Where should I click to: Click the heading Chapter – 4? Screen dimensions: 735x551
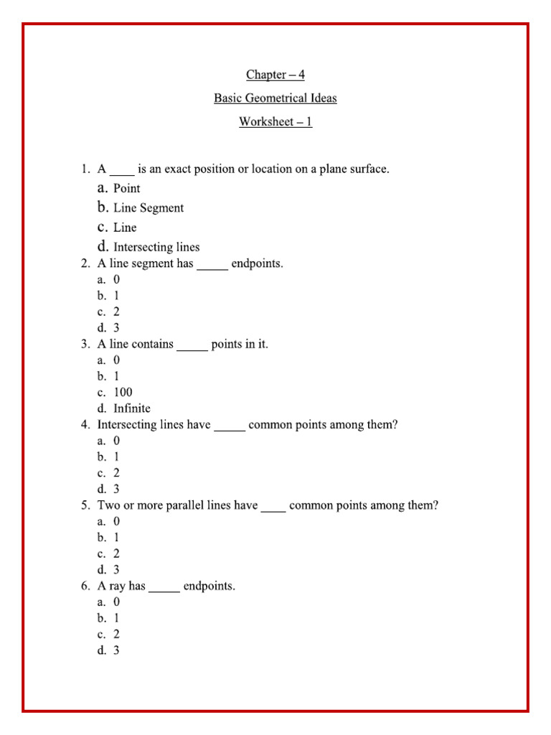click(x=275, y=75)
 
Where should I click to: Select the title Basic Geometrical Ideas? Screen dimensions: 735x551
click(x=275, y=98)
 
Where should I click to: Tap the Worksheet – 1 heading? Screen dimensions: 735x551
click(x=275, y=122)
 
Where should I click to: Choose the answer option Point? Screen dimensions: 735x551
click(x=126, y=189)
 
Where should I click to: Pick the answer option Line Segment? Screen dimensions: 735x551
click(x=148, y=208)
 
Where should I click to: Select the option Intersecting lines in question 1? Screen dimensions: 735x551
click(x=156, y=248)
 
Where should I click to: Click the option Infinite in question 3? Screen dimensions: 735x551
click(x=132, y=408)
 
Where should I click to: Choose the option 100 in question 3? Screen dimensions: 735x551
click(x=123, y=393)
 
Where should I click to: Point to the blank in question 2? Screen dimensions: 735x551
click(x=212, y=264)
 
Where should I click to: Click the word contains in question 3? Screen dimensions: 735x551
click(x=152, y=345)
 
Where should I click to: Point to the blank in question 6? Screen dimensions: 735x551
click(x=164, y=587)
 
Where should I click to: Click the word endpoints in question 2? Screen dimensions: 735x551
click(x=257, y=263)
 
